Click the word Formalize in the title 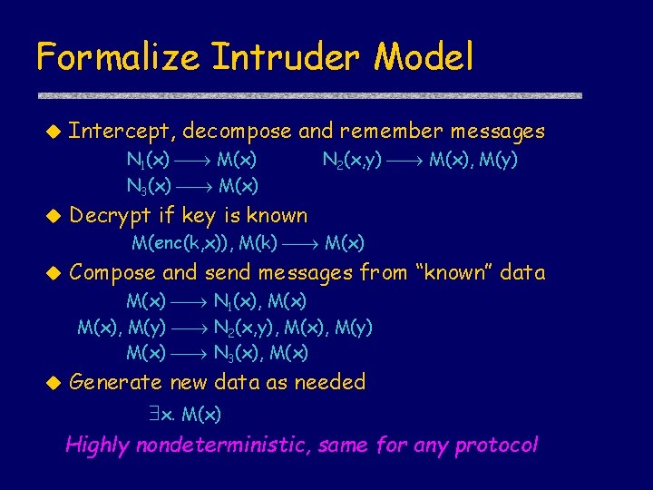[118, 57]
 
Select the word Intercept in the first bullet [122, 132]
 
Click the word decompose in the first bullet [237, 132]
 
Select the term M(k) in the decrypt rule [255, 242]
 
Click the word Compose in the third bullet [114, 272]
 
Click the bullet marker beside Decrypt [52, 217]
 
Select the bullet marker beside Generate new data [52, 383]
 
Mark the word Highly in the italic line [98, 446]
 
